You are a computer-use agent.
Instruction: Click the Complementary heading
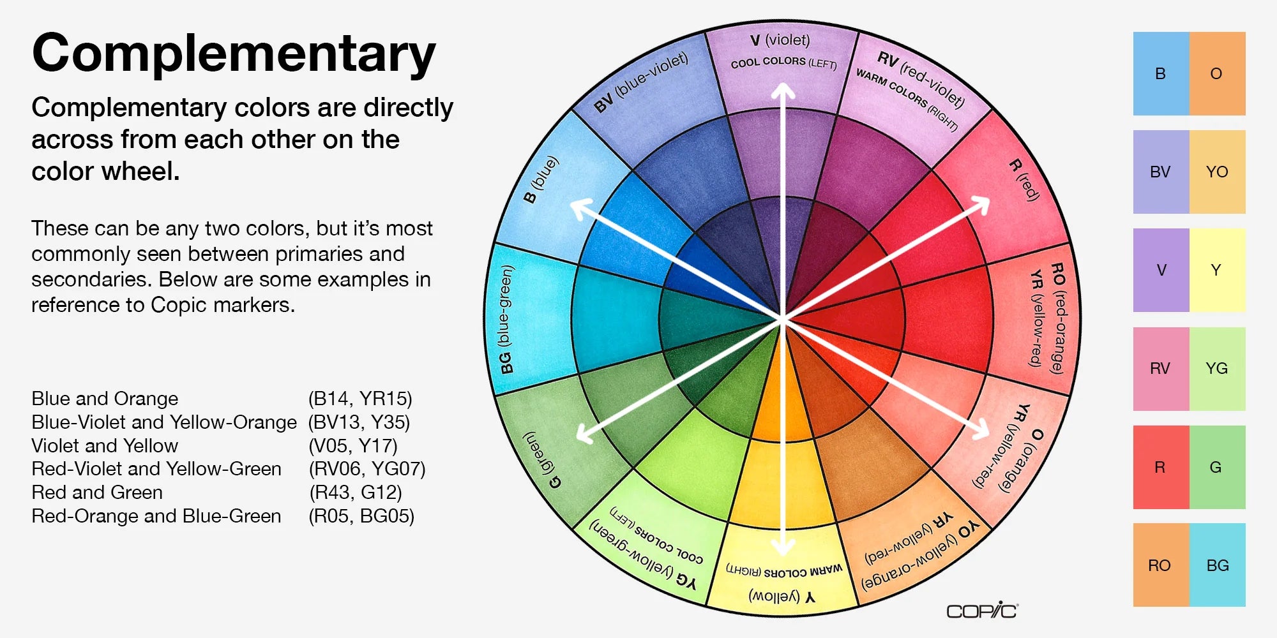[x=234, y=54]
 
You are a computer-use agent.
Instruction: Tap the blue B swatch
[x=1161, y=73]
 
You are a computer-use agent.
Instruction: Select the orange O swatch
[x=1217, y=73]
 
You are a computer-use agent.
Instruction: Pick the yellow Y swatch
[x=1217, y=270]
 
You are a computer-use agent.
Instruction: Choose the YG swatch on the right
[x=1217, y=368]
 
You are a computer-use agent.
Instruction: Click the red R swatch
[x=1161, y=467]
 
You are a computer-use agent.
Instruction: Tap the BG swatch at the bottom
[x=1217, y=565]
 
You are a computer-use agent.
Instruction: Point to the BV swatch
[x=1161, y=172]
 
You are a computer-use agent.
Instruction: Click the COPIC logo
[x=982, y=611]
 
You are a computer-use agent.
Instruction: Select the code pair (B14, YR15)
[x=360, y=399]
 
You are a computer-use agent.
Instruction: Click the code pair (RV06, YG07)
[x=367, y=469]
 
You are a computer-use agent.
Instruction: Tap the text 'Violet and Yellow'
[x=105, y=445]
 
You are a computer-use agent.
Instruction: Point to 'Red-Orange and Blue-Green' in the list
[x=156, y=516]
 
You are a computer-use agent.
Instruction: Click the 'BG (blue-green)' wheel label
[x=506, y=319]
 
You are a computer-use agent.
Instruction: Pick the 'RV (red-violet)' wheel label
[x=920, y=80]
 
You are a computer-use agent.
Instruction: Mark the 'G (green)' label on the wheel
[x=542, y=459]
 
